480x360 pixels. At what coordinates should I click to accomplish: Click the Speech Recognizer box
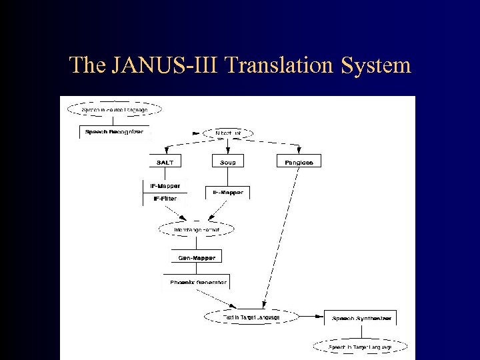click(114, 132)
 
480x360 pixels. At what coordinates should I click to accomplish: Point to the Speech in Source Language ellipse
click(114, 109)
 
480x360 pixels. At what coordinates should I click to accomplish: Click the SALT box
click(165, 162)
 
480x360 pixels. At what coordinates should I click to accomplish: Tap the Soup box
click(228, 162)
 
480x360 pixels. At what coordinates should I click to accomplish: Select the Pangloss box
click(294, 162)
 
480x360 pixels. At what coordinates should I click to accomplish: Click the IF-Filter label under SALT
click(165, 198)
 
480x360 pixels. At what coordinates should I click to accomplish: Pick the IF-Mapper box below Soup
click(228, 193)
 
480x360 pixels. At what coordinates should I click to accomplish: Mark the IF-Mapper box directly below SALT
click(165, 186)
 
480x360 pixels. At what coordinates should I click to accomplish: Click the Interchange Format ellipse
click(197, 229)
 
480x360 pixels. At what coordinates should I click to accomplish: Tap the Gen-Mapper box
click(197, 257)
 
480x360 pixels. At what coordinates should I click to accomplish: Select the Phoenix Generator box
click(198, 282)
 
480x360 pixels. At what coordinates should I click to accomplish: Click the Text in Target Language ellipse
click(251, 317)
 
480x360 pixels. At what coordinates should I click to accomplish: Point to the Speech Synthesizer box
click(360, 319)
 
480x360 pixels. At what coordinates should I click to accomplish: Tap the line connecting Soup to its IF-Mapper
click(228, 177)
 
